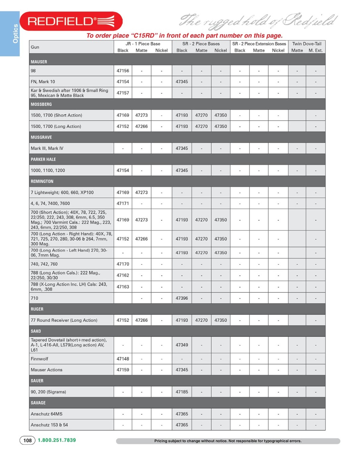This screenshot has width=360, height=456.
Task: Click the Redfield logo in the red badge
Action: point(71,22)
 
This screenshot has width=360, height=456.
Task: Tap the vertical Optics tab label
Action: point(15,33)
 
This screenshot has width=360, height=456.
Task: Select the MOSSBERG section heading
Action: point(41,104)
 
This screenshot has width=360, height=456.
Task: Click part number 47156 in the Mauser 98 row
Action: point(123,71)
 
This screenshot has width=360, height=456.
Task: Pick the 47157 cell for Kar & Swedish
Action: point(123,93)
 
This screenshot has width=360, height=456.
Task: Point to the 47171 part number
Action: point(123,203)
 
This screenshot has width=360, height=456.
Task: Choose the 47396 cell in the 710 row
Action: point(182,298)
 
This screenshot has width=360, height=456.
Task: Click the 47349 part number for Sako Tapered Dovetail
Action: point(182,345)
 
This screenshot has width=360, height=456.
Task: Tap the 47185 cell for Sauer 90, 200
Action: point(182,392)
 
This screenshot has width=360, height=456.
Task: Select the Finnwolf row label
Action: point(39,359)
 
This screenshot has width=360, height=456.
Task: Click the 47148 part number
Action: point(123,359)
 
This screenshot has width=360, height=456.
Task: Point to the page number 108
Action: point(27,440)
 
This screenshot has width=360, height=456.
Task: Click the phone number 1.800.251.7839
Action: point(57,440)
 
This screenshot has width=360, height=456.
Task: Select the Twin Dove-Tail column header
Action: point(307,44)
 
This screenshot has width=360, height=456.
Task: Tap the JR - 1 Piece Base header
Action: point(143,44)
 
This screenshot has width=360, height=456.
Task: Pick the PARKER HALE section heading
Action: point(43,159)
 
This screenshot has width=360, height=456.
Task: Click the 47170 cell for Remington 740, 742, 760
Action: point(123,264)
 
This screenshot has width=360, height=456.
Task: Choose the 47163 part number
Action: point(123,287)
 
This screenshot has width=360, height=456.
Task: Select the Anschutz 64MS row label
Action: point(46,414)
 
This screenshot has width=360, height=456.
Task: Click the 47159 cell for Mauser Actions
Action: point(123,370)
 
